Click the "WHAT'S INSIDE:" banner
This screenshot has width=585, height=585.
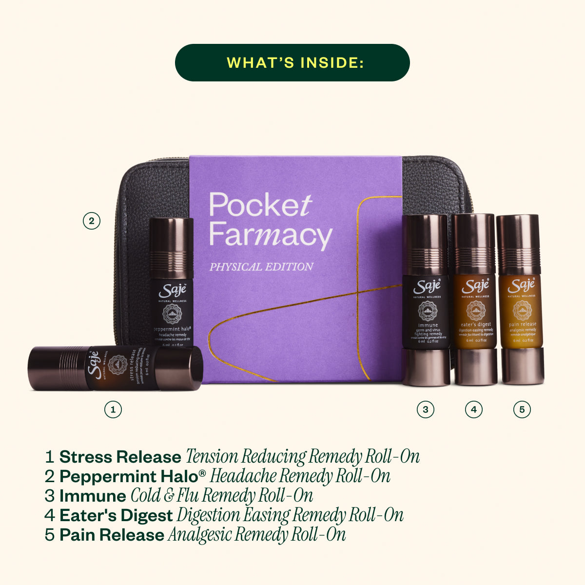pyautogui.click(x=292, y=62)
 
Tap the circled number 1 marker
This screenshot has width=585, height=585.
pyautogui.click(x=113, y=409)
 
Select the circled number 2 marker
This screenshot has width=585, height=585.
pyautogui.click(x=91, y=221)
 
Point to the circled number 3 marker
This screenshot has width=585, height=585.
pyautogui.click(x=425, y=409)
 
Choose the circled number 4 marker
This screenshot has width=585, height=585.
pyautogui.click(x=473, y=409)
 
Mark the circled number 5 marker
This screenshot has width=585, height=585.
pyautogui.click(x=522, y=409)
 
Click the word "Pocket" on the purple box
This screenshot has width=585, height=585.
pyautogui.click(x=260, y=205)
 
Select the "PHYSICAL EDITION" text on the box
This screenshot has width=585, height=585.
pyautogui.click(x=261, y=267)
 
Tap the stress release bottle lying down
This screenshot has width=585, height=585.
pyautogui.click(x=116, y=368)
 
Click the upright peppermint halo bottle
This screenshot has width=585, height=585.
pyautogui.click(x=171, y=283)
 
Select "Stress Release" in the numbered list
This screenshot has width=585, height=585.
pyautogui.click(x=120, y=457)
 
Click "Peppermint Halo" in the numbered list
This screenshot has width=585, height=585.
pyautogui.click(x=128, y=477)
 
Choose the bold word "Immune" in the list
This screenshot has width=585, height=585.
pyautogui.click(x=93, y=496)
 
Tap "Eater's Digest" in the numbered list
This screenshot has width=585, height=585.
pyautogui.click(x=116, y=516)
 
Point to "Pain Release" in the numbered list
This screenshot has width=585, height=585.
pyautogui.click(x=112, y=535)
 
